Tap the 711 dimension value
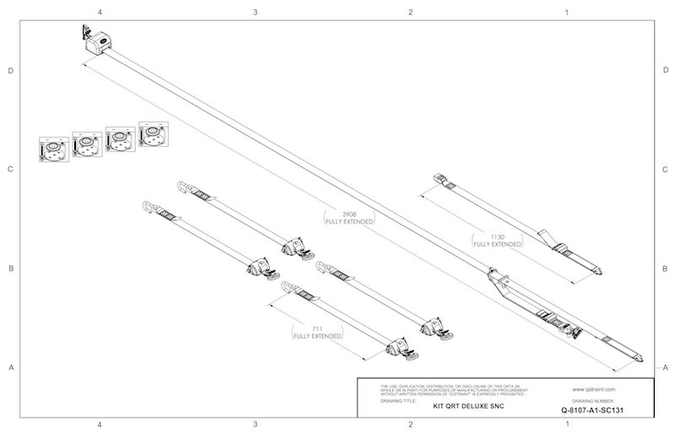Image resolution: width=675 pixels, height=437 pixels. (316, 329)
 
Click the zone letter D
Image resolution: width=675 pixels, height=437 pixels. (10, 71)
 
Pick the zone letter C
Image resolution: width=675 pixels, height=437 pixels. (10, 170)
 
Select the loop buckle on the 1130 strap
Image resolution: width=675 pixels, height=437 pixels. (440, 179)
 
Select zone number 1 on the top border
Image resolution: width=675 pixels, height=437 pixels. (567, 13)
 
